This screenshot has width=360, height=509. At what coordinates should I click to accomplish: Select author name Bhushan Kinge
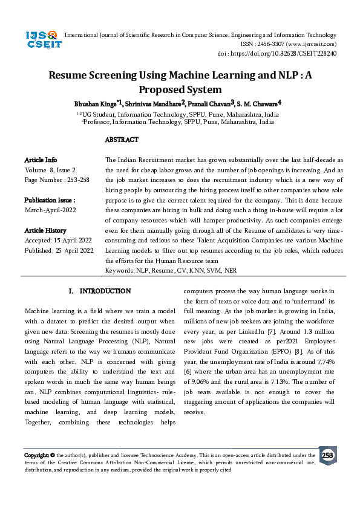coord(95,104)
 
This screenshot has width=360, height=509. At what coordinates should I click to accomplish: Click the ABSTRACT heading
coord(122,140)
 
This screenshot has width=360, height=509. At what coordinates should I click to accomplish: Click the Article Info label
coord(41,160)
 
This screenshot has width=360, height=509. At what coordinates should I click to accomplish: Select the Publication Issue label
coord(50,200)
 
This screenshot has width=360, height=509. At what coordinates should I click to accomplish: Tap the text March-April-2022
coord(51,210)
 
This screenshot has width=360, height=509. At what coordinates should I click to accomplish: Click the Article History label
coord(45,230)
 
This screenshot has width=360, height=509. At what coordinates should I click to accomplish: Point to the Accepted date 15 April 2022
coord(73,240)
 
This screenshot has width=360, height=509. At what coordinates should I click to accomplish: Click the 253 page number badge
coord(327,455)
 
